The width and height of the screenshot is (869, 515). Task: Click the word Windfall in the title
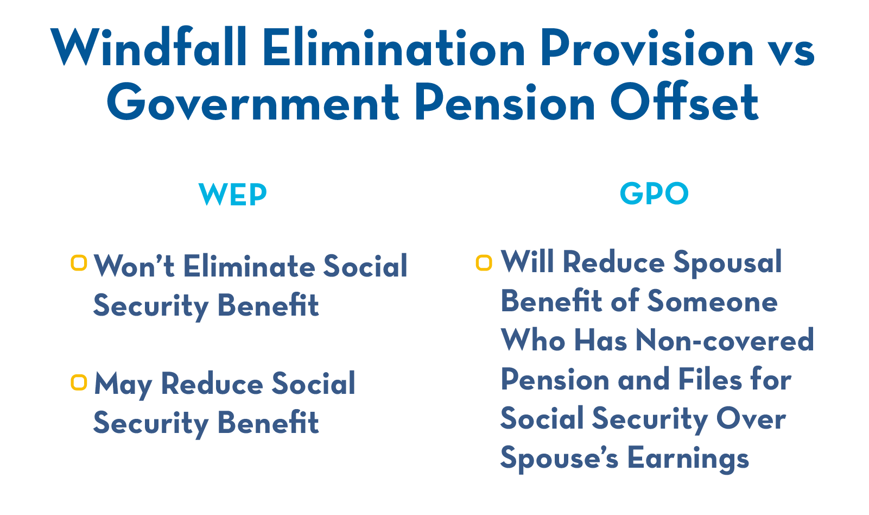pyautogui.click(x=149, y=48)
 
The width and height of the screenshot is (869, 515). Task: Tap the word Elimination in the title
pyautogui.click(x=394, y=48)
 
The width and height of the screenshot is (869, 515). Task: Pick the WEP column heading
pyautogui.click(x=233, y=194)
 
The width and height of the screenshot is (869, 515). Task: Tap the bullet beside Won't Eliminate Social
pyautogui.click(x=79, y=263)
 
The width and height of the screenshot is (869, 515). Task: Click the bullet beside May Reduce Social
pyautogui.click(x=79, y=382)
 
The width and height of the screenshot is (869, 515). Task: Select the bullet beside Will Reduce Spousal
pyautogui.click(x=484, y=263)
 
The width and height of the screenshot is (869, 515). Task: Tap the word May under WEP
pyautogui.click(x=123, y=385)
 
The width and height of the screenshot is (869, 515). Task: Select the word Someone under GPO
pyautogui.click(x=712, y=302)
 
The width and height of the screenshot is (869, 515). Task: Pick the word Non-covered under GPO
pyautogui.click(x=724, y=341)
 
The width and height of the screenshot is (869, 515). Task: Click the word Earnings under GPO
pyautogui.click(x=688, y=459)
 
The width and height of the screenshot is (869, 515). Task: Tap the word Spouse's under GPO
pyautogui.click(x=559, y=459)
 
